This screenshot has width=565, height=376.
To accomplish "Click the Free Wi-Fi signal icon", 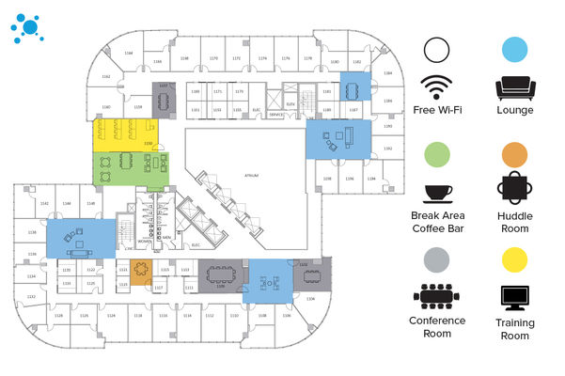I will [435, 87].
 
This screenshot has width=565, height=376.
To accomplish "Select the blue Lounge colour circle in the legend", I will [515, 50].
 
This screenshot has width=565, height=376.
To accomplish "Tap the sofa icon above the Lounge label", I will [515, 88].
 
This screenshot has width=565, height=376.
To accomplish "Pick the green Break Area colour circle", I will [436, 154].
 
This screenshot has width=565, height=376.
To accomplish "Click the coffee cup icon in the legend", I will [436, 193].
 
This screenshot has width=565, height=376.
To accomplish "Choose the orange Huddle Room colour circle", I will [515, 154].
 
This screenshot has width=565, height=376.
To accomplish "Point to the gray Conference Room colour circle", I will [436, 259].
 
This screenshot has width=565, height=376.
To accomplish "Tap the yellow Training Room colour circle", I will [515, 259].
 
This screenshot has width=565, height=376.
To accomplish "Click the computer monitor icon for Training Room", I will [515, 297].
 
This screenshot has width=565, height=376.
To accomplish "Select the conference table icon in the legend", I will [436, 297].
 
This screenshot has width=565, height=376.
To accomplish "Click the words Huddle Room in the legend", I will [515, 222].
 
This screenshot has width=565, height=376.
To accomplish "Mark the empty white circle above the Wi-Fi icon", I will [436, 50].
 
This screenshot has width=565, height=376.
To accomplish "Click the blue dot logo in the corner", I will [28, 25].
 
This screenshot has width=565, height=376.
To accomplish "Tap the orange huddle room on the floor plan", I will [140, 274].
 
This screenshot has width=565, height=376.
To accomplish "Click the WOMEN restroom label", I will [145, 241].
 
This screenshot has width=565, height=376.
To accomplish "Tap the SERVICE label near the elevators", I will [275, 114].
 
